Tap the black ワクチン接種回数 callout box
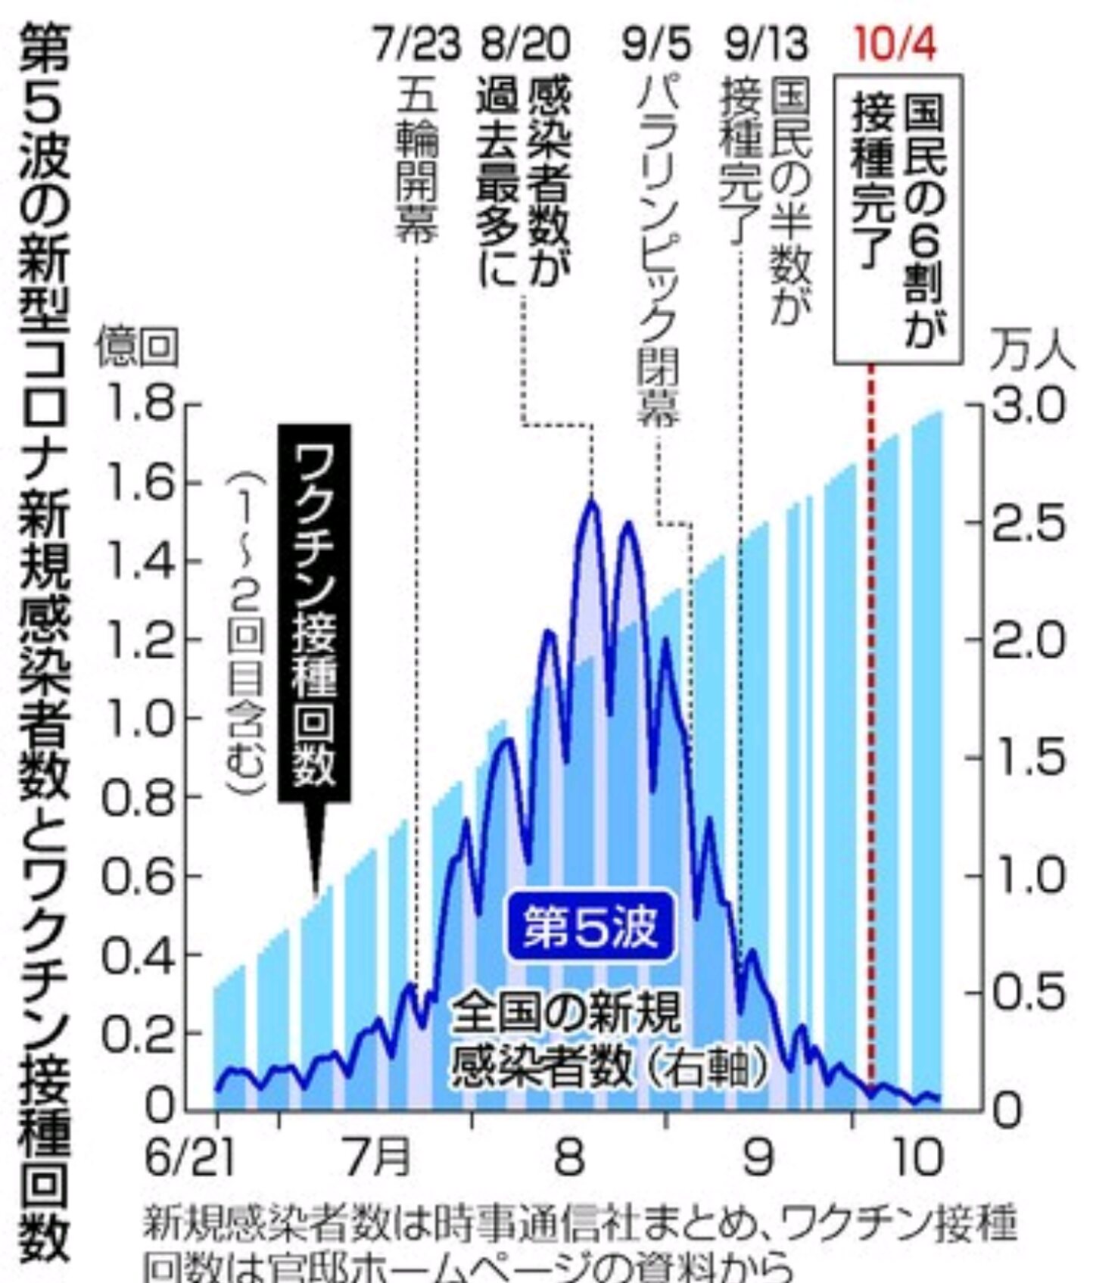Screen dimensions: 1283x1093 (x=315, y=612)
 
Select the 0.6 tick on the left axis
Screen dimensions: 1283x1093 (x=138, y=876)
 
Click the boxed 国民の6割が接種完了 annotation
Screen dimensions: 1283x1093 (x=898, y=219)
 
